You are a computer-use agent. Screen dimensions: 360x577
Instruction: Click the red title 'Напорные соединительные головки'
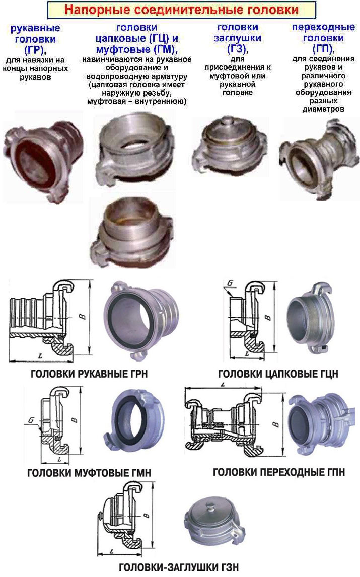[x=181, y=9]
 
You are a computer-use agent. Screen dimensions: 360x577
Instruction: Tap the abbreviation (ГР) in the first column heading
[x=35, y=50]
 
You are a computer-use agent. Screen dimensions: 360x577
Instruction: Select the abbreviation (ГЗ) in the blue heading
[x=238, y=48]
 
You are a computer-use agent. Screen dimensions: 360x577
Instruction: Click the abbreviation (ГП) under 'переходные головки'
[x=323, y=48]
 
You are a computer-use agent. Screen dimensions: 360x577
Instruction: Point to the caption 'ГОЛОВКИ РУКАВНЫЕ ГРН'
[x=89, y=374]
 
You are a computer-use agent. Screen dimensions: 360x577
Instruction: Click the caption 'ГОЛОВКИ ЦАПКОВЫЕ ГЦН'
[x=278, y=374]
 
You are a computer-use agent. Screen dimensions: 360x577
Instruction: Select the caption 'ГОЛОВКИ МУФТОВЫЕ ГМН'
[x=89, y=473]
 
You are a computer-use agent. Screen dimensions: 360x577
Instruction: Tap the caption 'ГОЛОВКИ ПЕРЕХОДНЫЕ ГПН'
[x=279, y=472]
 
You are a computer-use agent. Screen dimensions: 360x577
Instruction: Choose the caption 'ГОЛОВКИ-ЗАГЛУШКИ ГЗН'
[x=179, y=567]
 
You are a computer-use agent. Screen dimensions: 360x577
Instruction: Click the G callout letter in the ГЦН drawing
[x=231, y=283]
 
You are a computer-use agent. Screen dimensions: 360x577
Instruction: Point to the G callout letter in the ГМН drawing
[x=31, y=420]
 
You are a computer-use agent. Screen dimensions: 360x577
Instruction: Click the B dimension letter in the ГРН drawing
[x=83, y=316]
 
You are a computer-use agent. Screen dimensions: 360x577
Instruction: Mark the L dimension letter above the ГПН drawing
[x=223, y=385]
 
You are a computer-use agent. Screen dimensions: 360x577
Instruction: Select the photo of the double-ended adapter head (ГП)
[x=319, y=159]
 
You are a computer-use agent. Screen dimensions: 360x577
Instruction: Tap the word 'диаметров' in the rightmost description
[x=323, y=109]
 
